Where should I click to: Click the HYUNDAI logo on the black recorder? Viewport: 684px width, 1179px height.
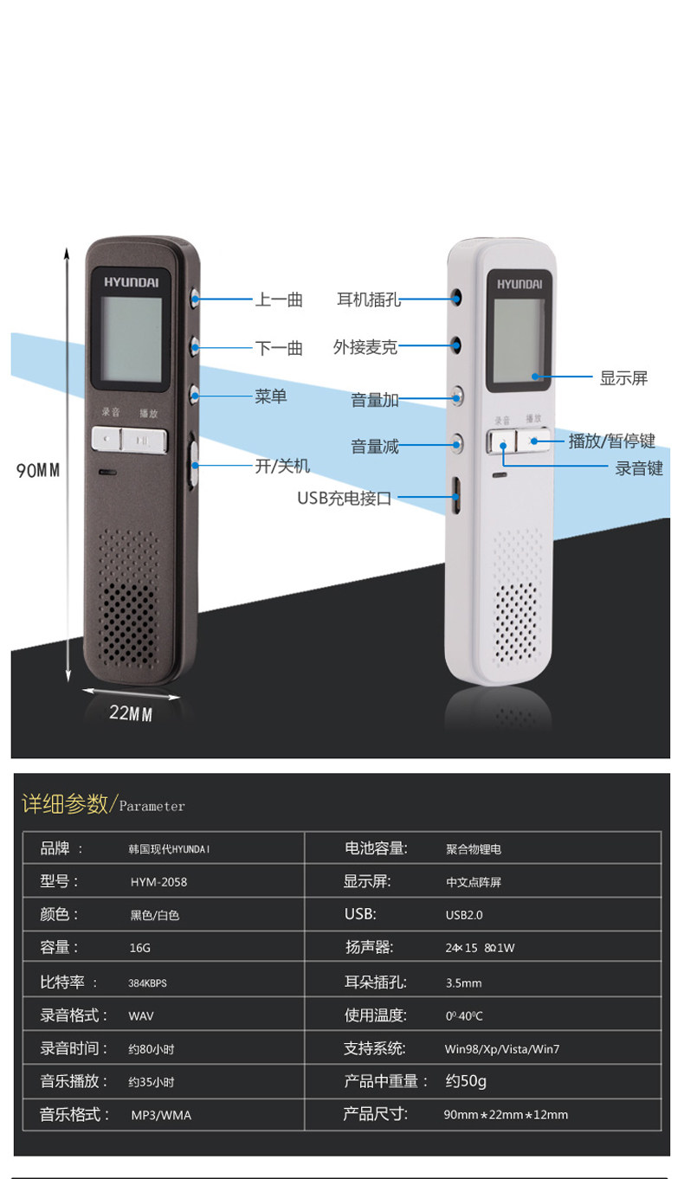click(x=132, y=281)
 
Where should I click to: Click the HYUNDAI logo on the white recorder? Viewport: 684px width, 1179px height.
click(x=519, y=282)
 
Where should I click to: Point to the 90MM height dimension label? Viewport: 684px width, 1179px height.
click(x=38, y=470)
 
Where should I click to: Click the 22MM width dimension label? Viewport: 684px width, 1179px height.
click(x=131, y=714)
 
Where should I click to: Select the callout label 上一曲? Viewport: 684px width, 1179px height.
click(x=279, y=300)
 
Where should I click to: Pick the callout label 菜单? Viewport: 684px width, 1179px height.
click(x=270, y=396)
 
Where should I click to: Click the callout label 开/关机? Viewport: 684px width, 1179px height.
click(x=281, y=466)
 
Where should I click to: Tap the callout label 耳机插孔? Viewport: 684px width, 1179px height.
click(x=369, y=300)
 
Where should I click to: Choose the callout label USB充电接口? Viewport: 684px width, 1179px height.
click(x=345, y=498)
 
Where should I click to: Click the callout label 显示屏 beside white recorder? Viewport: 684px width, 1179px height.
click(x=623, y=377)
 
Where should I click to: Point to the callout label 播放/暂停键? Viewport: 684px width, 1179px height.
click(x=611, y=441)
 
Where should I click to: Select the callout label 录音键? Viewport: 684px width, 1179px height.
click(x=639, y=468)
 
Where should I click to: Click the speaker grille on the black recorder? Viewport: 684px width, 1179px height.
click(x=129, y=606)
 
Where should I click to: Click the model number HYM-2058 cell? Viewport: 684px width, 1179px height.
click(x=158, y=882)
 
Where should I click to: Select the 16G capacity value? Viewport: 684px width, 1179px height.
click(x=140, y=948)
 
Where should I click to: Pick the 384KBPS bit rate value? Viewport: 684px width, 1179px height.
click(x=147, y=982)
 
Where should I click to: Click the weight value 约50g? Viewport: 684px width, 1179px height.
click(x=466, y=1081)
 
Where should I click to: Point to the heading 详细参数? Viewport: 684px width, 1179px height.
click(x=64, y=803)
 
